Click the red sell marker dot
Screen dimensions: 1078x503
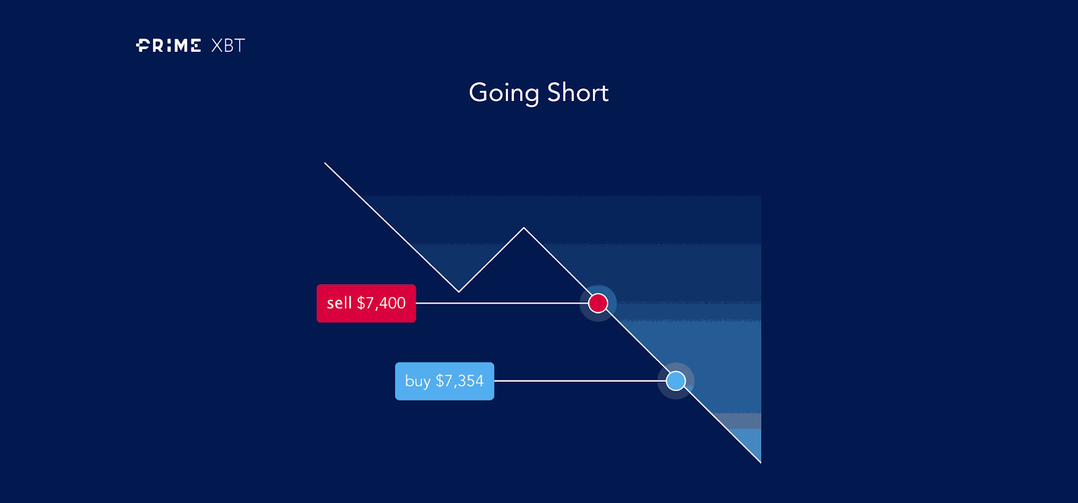pyautogui.click(x=598, y=303)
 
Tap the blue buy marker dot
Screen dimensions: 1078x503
pyautogui.click(x=676, y=381)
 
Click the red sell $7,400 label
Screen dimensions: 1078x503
pyautogui.click(x=367, y=304)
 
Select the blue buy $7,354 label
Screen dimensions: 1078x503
pyautogui.click(x=445, y=381)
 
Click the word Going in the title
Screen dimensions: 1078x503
pyautogui.click(x=504, y=94)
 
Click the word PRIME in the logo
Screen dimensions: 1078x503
pyautogui.click(x=168, y=46)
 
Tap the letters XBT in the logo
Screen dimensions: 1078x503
pyautogui.click(x=228, y=46)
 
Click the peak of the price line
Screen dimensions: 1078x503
pyautogui.click(x=524, y=228)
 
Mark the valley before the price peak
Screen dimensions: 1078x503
pyautogui.click(x=459, y=292)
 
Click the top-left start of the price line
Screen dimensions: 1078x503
pyautogui.click(x=325, y=163)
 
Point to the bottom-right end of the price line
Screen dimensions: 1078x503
pyautogui.click(x=761, y=463)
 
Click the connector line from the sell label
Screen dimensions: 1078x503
pyautogui.click(x=502, y=304)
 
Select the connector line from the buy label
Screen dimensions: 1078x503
pyautogui.click(x=580, y=381)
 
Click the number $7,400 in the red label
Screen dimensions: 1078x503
pyautogui.click(x=381, y=303)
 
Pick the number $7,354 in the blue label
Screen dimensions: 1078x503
pyautogui.click(x=459, y=381)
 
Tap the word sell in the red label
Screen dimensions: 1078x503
pyautogui.click(x=340, y=303)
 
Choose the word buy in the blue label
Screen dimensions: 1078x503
pyautogui.click(x=418, y=381)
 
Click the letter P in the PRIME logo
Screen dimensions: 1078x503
pyautogui.click(x=143, y=46)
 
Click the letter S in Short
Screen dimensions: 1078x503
pyautogui.click(x=554, y=92)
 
